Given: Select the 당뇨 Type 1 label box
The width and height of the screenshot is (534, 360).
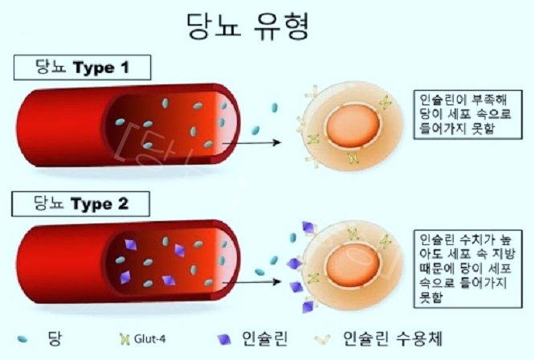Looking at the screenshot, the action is point(83,67).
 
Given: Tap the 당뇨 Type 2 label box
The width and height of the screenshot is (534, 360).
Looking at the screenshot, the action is point(83,203).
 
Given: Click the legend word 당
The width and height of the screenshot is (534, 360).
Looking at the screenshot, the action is point(55,335).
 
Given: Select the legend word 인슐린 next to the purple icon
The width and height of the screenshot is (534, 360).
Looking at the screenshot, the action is point(264,336).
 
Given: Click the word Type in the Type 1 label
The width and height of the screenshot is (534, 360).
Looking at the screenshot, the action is point(95,68).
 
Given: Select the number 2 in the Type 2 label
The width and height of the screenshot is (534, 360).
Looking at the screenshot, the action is point(122,204).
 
